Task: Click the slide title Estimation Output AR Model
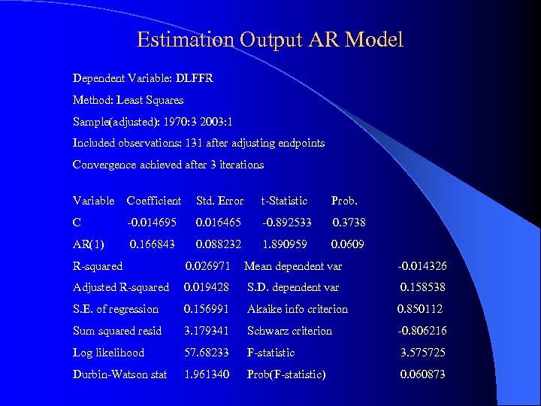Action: pos(270,39)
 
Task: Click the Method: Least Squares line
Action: pos(128,100)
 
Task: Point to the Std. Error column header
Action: pos(219,201)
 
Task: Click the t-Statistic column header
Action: pos(284,201)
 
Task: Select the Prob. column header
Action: pos(344,201)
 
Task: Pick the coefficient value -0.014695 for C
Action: pos(152,223)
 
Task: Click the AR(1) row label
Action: pos(89,244)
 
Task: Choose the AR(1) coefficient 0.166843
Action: pos(153,244)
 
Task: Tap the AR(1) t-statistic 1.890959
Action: pos(284,244)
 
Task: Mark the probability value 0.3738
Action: pos(349,223)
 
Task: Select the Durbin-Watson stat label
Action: pos(119,374)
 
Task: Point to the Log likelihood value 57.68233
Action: pos(207,353)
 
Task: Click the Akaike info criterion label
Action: pos(298,309)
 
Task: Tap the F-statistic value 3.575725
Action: pos(423,353)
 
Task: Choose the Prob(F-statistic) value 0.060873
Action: pos(422,374)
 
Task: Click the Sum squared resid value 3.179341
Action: pos(207,331)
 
